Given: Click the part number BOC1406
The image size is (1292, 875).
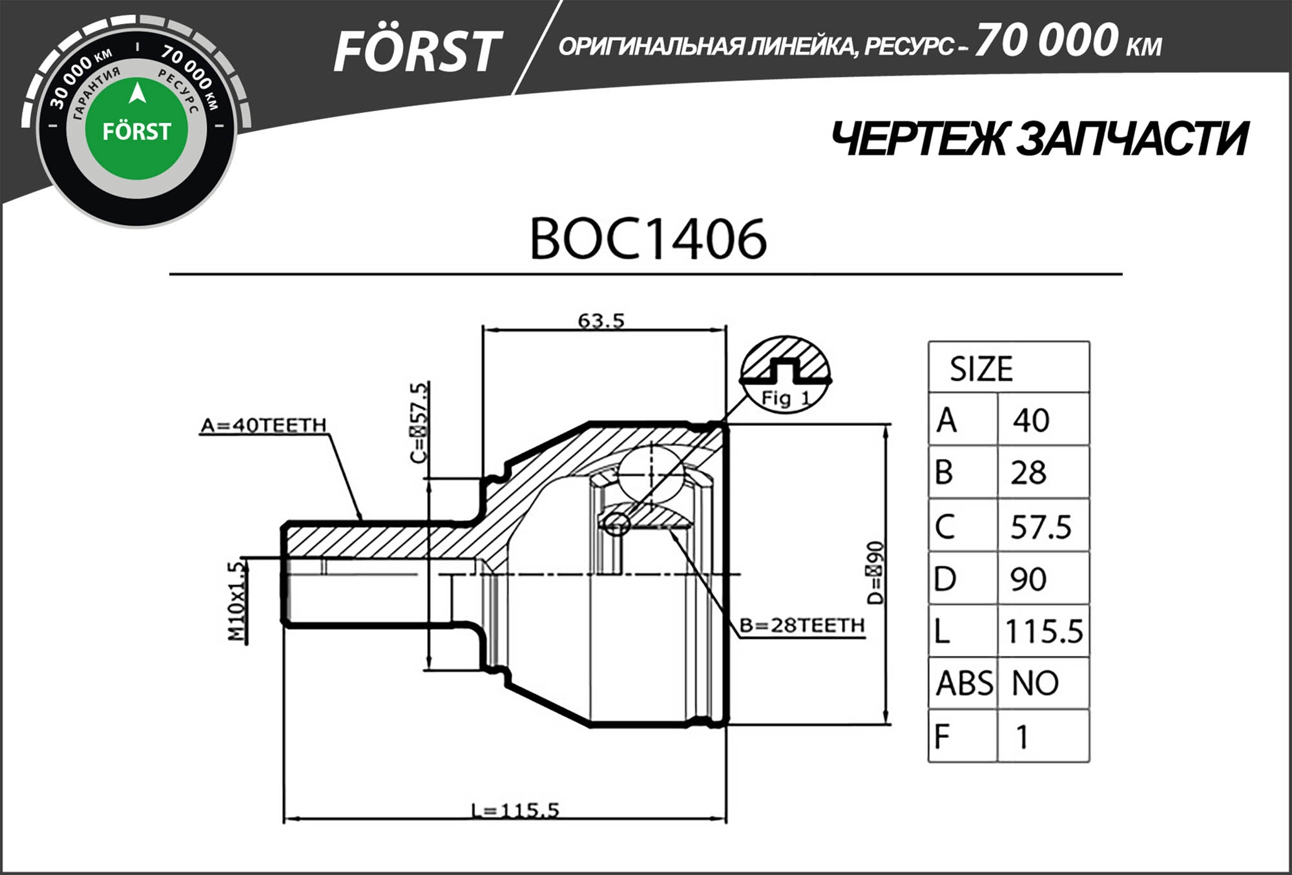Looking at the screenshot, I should (648, 239).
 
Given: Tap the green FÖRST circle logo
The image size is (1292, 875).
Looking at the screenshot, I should (136, 129).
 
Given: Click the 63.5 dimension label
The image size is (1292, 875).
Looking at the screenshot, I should (601, 320).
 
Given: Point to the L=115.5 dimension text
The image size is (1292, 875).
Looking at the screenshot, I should (515, 810).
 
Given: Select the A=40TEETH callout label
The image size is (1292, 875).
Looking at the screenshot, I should (264, 425).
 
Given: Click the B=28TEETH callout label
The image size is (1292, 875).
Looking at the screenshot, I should (802, 626).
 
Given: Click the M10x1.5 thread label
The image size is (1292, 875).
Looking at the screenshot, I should (237, 601).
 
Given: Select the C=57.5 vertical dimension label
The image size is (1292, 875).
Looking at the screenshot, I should (419, 423).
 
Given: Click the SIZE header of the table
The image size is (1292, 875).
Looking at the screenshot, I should (981, 369).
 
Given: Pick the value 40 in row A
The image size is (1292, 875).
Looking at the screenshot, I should (1031, 421).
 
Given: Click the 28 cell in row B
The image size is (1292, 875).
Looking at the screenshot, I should (1028, 473).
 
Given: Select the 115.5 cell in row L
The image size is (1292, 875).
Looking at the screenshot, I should (1043, 631).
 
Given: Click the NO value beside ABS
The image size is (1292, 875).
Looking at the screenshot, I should (1035, 684).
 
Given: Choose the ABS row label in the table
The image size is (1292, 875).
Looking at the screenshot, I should (964, 684).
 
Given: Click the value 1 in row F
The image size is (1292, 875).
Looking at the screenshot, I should (1022, 737).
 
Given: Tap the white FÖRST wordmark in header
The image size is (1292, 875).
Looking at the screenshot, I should (417, 52).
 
